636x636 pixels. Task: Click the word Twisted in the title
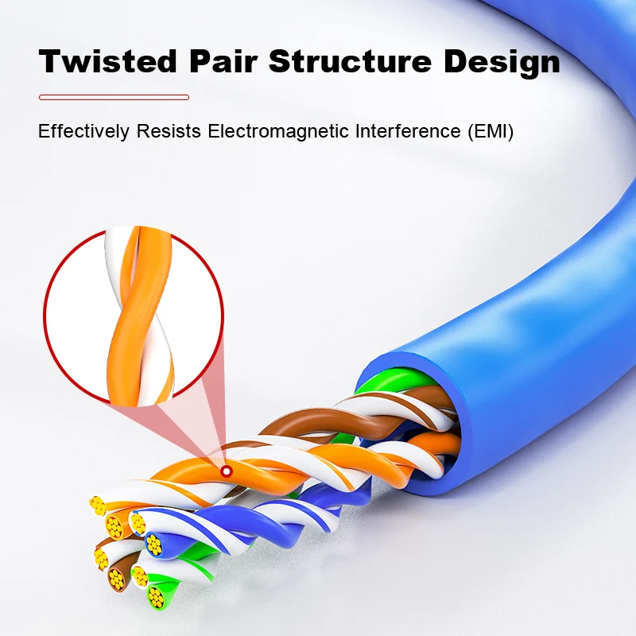(x=108, y=61)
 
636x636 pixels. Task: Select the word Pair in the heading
(x=223, y=61)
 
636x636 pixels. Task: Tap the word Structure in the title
(x=350, y=61)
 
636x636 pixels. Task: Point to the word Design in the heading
(x=502, y=62)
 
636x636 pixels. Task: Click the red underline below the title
(x=114, y=97)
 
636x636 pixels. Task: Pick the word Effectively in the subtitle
(x=84, y=131)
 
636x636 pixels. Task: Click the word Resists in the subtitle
(x=169, y=131)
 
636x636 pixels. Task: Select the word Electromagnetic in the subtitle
(x=278, y=131)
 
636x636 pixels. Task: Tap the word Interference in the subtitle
(x=408, y=131)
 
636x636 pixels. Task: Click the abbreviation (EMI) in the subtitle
(x=491, y=131)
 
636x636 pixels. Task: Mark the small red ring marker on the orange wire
(x=227, y=471)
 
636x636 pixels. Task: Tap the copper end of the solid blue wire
(x=153, y=545)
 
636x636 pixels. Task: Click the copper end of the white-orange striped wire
(x=98, y=506)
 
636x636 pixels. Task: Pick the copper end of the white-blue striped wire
(x=138, y=524)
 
